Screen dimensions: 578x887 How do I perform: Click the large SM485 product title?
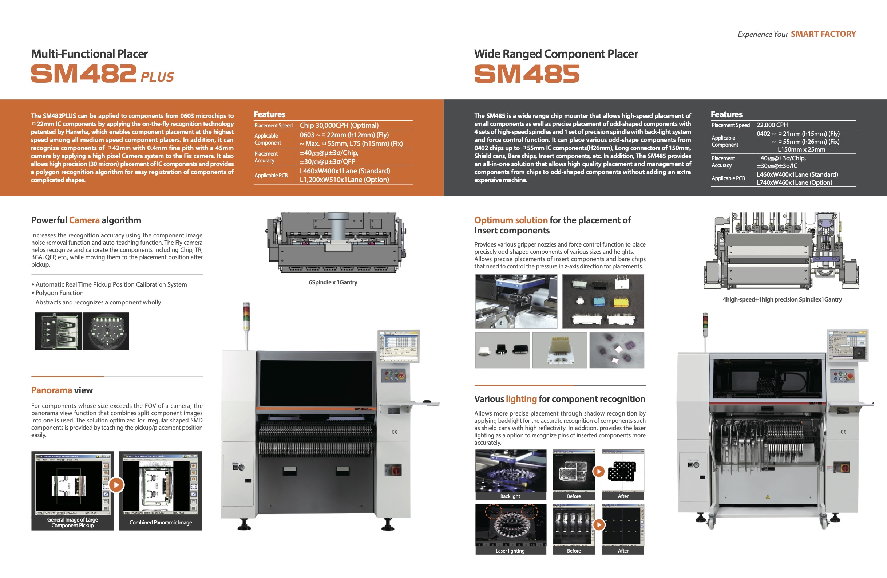click(527, 74)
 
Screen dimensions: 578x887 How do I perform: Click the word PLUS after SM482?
click(157, 77)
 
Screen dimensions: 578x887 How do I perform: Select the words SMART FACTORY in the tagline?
click(823, 34)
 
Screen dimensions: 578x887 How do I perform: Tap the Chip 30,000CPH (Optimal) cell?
click(339, 125)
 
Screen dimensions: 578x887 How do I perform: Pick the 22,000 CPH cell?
click(772, 125)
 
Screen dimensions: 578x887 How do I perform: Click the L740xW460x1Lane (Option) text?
click(794, 182)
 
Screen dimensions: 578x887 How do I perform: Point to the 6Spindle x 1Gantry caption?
click(332, 282)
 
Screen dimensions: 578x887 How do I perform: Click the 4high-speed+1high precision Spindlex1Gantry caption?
click(782, 299)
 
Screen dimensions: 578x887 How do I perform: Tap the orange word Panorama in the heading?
click(51, 390)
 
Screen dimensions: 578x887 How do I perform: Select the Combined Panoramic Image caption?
click(161, 522)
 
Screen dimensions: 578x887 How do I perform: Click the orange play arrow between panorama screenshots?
click(116, 485)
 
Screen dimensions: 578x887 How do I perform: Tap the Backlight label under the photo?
click(510, 496)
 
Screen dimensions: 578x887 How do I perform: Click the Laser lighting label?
click(510, 551)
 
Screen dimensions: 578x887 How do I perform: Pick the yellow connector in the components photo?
click(621, 302)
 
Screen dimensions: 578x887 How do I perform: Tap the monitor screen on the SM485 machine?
click(847, 345)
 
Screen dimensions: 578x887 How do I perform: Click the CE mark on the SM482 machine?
click(394, 432)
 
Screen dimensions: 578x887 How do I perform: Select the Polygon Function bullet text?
click(60, 293)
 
